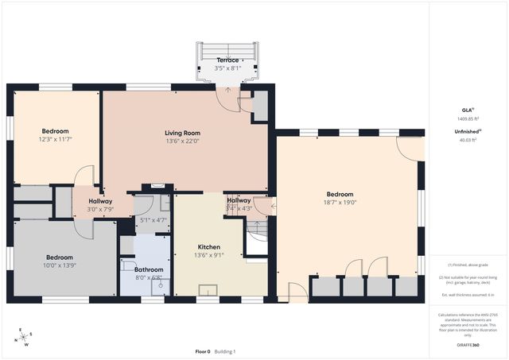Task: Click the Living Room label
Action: [x=182, y=133]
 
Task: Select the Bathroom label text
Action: [x=143, y=269]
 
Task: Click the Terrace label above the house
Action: [x=227, y=60]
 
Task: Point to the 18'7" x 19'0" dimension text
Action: [x=340, y=203]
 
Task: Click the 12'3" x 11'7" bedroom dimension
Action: [x=56, y=139]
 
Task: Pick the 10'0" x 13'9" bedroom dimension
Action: [x=60, y=265]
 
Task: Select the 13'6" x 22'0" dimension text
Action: [x=182, y=141]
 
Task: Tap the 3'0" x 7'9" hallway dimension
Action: [x=100, y=209]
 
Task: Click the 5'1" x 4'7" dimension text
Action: [x=153, y=220]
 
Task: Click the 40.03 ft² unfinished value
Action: [x=468, y=140]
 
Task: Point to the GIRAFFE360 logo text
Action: [x=468, y=346]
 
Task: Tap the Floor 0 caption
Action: [x=203, y=351]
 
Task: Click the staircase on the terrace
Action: [x=227, y=50]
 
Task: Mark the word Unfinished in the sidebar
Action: [x=466, y=131]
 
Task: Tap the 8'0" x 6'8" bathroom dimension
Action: [x=143, y=278]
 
